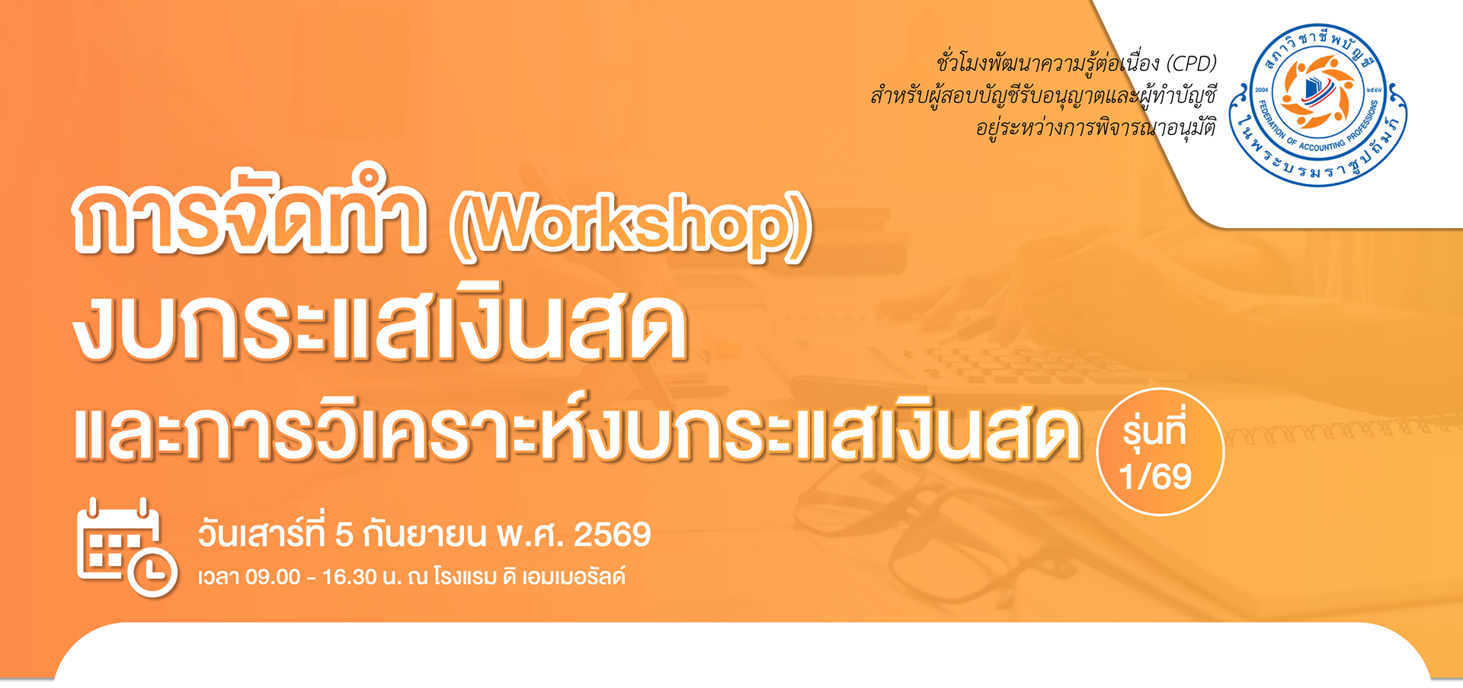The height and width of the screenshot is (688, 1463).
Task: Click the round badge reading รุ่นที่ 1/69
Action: pos(1160,452)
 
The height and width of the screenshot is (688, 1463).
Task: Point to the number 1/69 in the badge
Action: pos(1156,477)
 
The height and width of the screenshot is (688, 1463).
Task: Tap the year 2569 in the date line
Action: pos(612,535)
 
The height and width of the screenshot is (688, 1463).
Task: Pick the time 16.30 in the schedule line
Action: pos(350,577)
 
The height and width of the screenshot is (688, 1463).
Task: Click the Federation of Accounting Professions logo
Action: pos(1319,105)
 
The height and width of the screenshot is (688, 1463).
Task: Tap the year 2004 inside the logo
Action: pos(1262,90)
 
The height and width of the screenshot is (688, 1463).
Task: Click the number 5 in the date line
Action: pos(344,535)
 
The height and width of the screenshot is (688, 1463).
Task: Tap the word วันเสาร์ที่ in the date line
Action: pos(261,533)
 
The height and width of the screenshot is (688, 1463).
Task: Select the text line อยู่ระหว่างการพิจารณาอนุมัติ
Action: pos(1096,126)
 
